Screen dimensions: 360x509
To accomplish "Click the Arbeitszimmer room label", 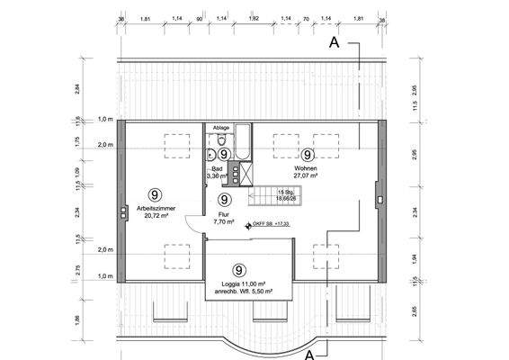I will (x=156, y=208).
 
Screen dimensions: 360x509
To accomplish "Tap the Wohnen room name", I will (x=307, y=167).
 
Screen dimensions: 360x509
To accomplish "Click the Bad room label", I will (x=217, y=168).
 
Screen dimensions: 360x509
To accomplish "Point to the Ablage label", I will (x=221, y=128).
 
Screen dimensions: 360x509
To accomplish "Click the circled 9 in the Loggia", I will (x=239, y=269).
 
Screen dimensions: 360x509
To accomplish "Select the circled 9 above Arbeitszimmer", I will (x=156, y=193).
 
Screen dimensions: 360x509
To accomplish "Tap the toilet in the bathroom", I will (x=212, y=153).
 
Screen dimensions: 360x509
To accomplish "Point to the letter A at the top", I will (x=335, y=41).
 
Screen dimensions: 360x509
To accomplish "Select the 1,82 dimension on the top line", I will (x=254, y=17).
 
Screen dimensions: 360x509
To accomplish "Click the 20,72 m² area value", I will (x=156, y=217).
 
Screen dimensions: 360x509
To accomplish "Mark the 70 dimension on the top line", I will (x=306, y=17).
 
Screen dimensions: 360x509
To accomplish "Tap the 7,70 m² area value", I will (x=224, y=221).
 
